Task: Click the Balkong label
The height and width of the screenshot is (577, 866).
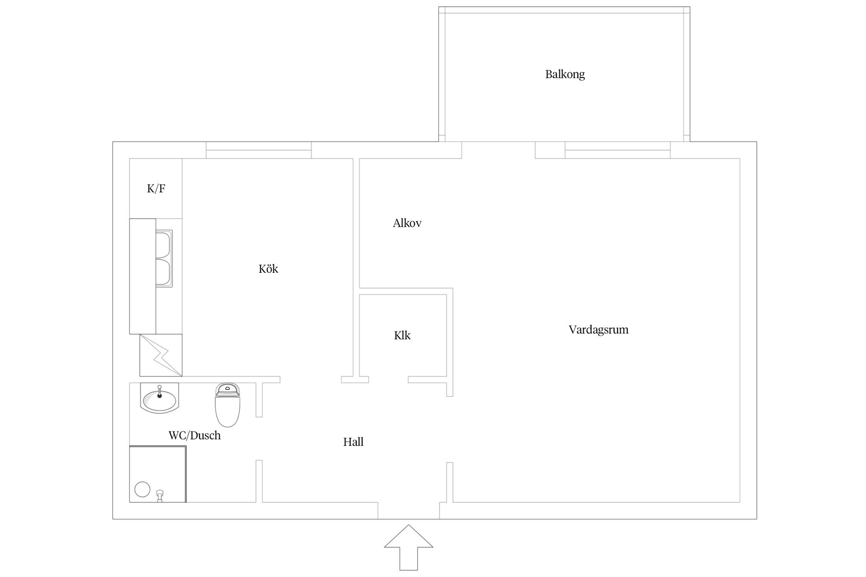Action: click(565, 74)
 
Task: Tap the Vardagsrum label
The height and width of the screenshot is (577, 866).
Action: click(599, 330)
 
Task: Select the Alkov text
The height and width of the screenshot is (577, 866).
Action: click(407, 223)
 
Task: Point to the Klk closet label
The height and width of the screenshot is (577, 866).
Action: click(402, 335)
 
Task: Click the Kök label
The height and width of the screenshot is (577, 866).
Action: click(268, 269)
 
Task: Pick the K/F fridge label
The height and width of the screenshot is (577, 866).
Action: click(156, 188)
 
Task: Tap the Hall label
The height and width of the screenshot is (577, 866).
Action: click(353, 442)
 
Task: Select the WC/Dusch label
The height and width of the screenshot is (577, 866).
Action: click(194, 435)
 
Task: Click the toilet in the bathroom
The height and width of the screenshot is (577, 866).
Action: click(227, 405)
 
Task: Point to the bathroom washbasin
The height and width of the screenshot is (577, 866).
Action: click(160, 398)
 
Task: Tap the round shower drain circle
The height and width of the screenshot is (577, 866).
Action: click(143, 489)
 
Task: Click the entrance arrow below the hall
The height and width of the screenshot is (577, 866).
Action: click(409, 547)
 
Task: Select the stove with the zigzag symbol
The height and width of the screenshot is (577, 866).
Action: click(161, 355)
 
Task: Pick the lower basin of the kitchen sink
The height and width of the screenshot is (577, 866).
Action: click(163, 273)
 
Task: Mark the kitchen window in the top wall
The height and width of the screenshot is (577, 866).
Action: click(259, 150)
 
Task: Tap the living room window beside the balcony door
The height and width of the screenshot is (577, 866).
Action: click(617, 150)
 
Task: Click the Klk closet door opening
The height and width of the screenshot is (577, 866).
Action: click(388, 380)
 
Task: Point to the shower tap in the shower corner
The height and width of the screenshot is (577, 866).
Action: click(159, 496)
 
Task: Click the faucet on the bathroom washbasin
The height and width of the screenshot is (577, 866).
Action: click(159, 392)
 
